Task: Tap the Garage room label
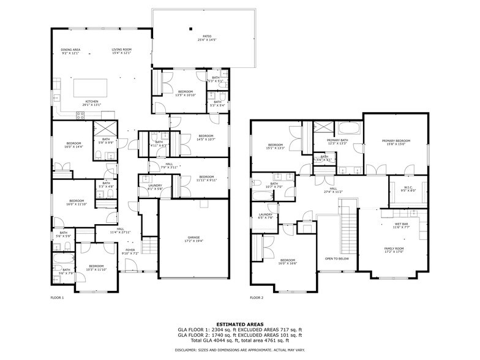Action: point(193,239)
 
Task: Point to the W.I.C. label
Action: point(408,189)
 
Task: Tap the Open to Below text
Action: point(336,258)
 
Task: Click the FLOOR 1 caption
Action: point(57,298)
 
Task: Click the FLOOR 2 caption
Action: point(257,298)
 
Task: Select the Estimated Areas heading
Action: point(239,324)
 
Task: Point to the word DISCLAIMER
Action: point(184,350)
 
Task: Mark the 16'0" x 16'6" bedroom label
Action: point(287,261)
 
